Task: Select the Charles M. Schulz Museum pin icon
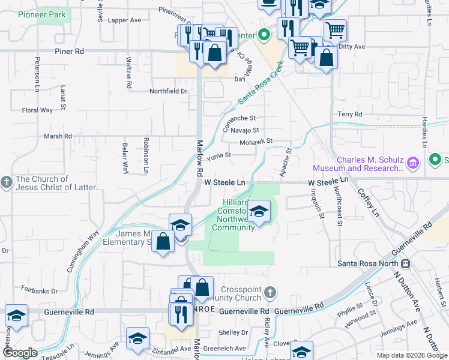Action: (412, 163)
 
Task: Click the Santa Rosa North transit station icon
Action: (405, 263)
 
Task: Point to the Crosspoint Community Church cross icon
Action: (270, 293)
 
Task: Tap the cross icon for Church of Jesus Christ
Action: (6, 182)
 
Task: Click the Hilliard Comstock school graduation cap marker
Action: (259, 212)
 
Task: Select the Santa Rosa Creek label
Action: (260, 85)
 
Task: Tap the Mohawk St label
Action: (256, 141)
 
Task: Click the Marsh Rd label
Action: (58, 136)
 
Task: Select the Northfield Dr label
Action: (169, 91)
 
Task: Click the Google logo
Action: (20, 353)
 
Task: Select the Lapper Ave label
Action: (124, 20)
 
